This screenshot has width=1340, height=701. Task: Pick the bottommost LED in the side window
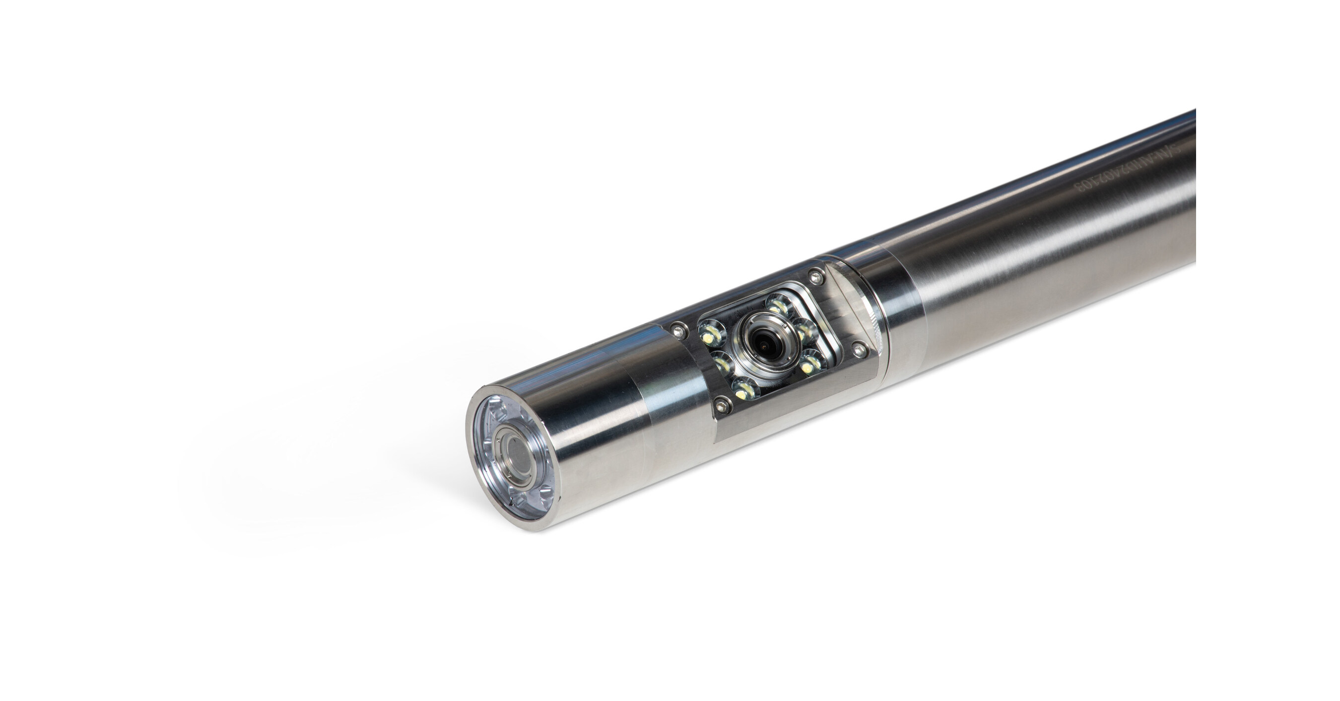(x=744, y=389)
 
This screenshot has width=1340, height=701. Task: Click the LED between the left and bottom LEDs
(x=723, y=363)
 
